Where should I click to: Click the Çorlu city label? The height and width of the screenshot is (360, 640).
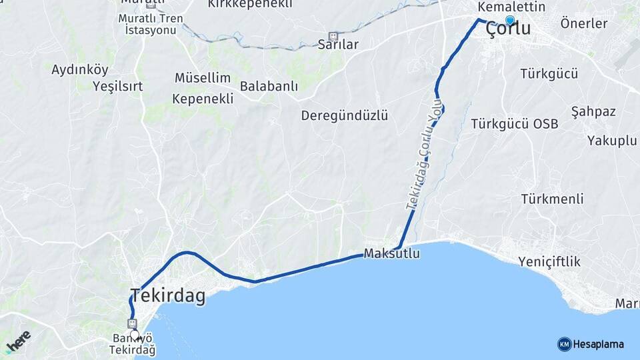tap(508, 29)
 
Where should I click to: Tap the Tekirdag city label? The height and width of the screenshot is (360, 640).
tap(168, 295)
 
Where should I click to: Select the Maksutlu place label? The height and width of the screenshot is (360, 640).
tap(392, 254)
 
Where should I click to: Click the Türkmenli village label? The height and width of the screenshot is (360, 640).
tap(553, 199)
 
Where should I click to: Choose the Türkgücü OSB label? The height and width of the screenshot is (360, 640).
tap(514, 124)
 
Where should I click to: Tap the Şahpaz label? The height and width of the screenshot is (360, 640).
tap(593, 111)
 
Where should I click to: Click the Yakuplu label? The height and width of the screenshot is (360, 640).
tap(612, 140)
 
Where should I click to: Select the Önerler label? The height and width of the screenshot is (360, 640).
tap(584, 24)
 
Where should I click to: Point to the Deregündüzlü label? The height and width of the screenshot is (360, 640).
tap(344, 115)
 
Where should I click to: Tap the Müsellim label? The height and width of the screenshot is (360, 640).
tap(203, 78)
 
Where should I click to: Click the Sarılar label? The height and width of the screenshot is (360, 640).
tap(338, 45)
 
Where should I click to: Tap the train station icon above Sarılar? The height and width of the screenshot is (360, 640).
tap(333, 36)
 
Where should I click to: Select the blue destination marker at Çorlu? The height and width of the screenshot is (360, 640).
tap(510, 20)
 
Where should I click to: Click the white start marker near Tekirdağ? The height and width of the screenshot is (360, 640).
tap(135, 335)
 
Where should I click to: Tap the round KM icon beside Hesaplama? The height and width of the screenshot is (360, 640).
tap(564, 344)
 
